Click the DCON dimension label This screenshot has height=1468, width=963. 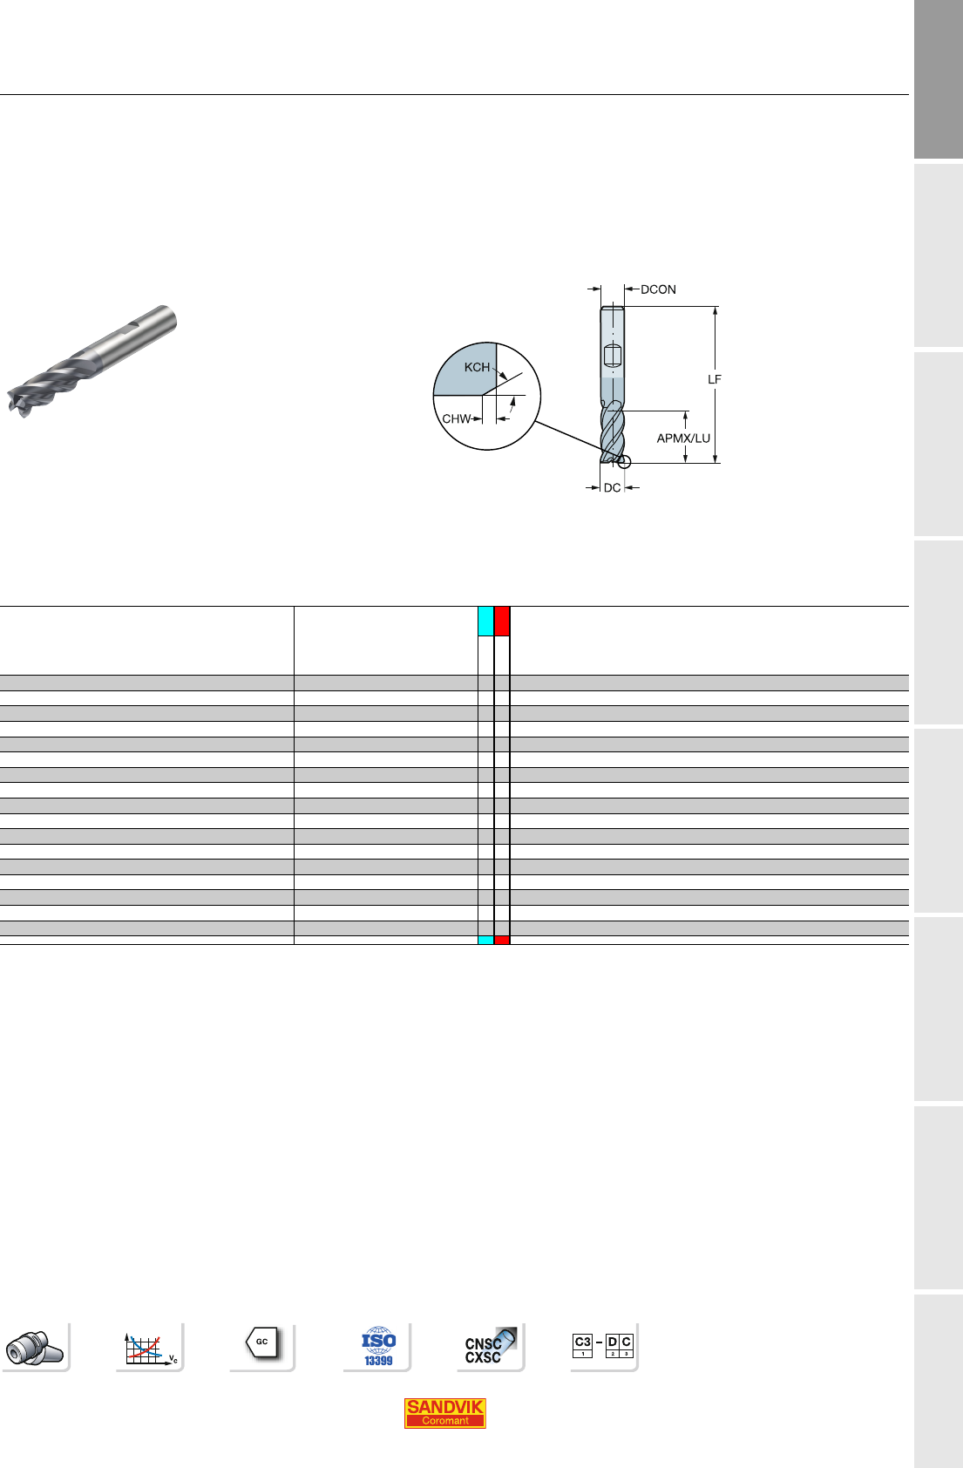click(x=658, y=289)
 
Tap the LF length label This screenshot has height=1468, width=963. click(x=714, y=379)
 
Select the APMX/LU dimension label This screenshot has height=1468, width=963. click(x=683, y=438)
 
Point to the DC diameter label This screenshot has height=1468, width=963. click(x=612, y=487)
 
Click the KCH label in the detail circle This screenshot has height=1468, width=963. click(x=477, y=367)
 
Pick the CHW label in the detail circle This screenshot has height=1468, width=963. click(x=456, y=418)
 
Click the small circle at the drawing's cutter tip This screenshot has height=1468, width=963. click(x=624, y=462)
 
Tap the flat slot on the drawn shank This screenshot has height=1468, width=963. click(x=613, y=356)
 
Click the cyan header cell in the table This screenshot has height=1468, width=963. click(x=486, y=622)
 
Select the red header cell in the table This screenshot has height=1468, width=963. click(x=502, y=622)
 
